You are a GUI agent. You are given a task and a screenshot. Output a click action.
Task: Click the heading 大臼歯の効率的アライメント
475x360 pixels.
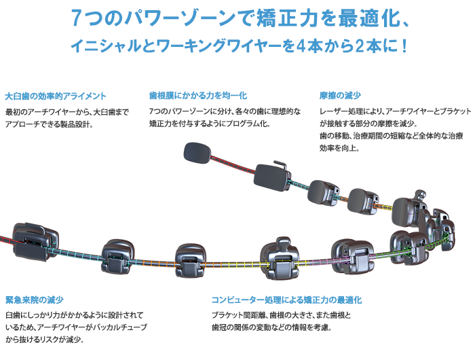(x=55, y=95)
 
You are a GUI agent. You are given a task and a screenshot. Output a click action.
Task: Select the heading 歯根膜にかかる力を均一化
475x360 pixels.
(x=197, y=95)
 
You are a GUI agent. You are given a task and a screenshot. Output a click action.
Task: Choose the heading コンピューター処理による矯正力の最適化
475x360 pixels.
(x=286, y=300)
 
